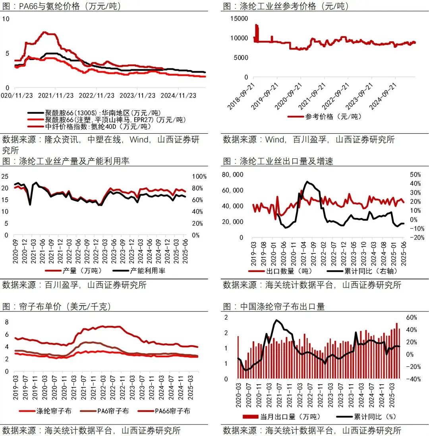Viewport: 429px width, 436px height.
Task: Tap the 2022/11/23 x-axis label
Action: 95,95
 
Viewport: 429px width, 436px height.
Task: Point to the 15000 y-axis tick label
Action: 240,18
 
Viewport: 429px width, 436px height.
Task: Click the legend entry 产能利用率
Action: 143,271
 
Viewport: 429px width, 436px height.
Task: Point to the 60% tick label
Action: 412,317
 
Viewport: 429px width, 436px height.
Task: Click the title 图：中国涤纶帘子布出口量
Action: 274,306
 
